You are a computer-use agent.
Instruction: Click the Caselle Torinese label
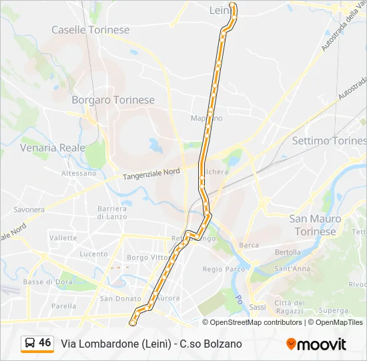point(91,30)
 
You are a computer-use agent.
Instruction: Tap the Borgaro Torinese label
point(113,100)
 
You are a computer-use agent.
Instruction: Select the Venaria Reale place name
point(53,147)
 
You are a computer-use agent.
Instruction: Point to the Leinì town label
point(220,10)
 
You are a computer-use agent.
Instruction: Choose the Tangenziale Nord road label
point(151,174)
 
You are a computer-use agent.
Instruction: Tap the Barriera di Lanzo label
point(112,212)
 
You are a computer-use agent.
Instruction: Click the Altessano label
point(79,173)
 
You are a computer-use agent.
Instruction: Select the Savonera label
point(29,209)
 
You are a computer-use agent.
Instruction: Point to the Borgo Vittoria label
point(147,257)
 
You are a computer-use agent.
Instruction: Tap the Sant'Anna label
point(292,269)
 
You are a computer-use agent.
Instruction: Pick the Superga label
point(334,310)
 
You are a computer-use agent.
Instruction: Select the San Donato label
point(120,299)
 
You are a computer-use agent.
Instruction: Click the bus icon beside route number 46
point(30,344)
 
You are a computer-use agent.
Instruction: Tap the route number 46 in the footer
point(45,343)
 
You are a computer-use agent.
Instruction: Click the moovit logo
point(316,344)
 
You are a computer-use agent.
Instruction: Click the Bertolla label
point(288,252)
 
